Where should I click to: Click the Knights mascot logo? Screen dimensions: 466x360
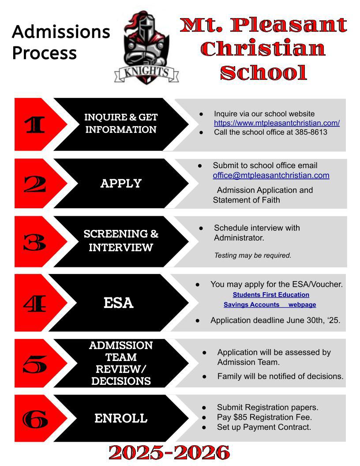[x=146, y=46]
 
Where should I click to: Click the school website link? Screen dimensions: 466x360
[x=277, y=123]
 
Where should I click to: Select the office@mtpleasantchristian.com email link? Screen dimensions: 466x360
[x=271, y=175]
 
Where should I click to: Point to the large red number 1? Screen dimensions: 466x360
[x=35, y=125]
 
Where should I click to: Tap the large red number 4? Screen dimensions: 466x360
[x=35, y=303]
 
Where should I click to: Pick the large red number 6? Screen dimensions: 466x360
[x=35, y=419]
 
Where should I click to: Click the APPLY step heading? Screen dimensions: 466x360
[x=121, y=184]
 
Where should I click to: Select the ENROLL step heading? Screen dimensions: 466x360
[x=121, y=418]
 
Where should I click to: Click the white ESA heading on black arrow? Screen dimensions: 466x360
[x=118, y=303]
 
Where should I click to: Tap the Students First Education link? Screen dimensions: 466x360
[x=271, y=295]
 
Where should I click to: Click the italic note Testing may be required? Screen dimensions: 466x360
[x=253, y=255]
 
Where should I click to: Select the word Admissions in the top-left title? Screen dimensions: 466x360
[x=61, y=32]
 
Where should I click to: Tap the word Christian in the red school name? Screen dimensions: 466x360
[x=263, y=49]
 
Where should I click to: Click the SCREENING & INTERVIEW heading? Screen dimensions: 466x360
[x=121, y=241]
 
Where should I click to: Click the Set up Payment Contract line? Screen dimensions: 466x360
[x=264, y=427]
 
